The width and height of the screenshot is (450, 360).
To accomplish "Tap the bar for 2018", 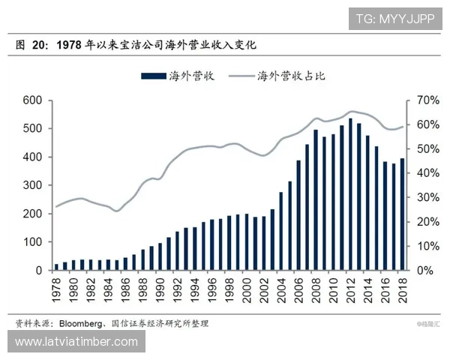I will click(403, 214).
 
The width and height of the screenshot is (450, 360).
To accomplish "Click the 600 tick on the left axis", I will click(31, 100).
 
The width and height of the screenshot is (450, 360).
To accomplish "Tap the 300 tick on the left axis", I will click(31, 185).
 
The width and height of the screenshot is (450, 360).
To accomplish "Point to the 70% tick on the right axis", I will click(420, 100).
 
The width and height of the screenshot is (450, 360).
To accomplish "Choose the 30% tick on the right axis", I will click(420, 197).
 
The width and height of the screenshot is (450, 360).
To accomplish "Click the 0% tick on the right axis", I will click(423, 270).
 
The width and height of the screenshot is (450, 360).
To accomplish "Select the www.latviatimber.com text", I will click(76, 342).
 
